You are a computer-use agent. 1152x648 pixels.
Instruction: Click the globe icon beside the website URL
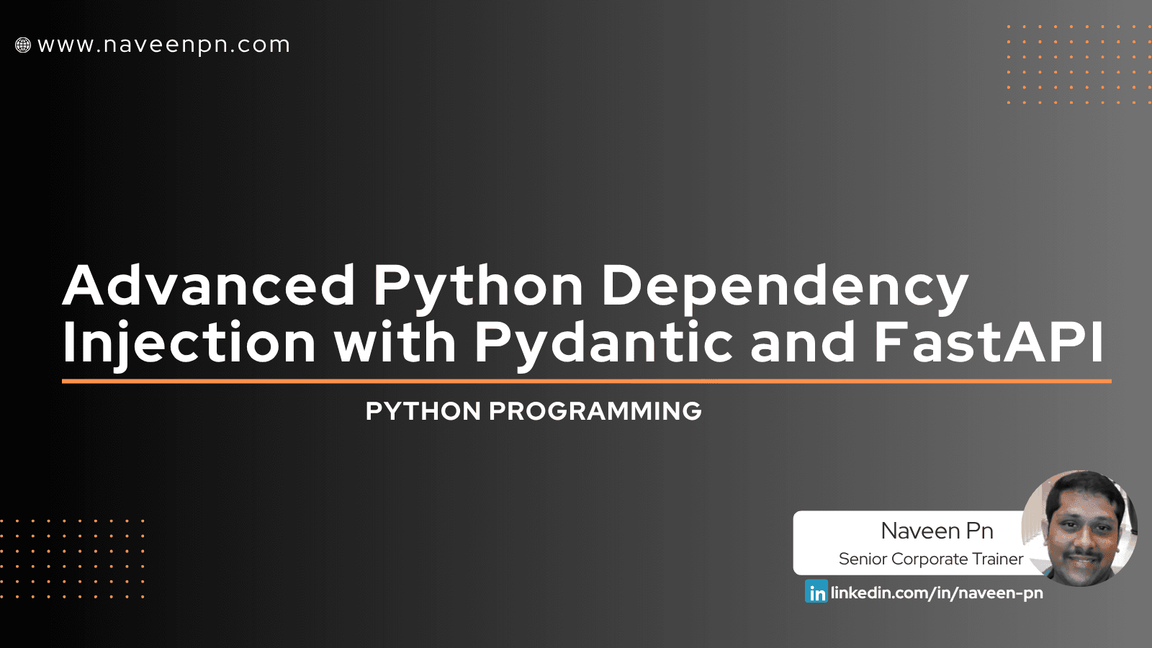23,45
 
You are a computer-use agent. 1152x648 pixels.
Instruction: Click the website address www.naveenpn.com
163,45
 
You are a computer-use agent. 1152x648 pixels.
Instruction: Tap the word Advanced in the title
209,285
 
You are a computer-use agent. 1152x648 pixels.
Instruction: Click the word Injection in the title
189,344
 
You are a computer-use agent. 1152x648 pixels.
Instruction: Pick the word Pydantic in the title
603,344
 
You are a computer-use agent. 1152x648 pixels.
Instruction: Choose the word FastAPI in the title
989,343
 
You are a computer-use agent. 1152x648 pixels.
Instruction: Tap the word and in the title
803,343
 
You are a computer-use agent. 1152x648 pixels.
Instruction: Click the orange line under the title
586,381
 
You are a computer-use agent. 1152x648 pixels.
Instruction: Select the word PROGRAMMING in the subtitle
595,411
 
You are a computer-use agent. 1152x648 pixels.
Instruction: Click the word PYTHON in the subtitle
423,411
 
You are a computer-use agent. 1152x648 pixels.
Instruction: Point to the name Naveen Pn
937,531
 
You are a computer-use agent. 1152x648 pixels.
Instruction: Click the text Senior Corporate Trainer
930,559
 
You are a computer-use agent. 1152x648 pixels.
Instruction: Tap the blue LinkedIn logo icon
816,592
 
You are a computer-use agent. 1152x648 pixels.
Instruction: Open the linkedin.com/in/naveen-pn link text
937,593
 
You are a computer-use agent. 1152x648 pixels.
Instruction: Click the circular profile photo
1080,528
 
